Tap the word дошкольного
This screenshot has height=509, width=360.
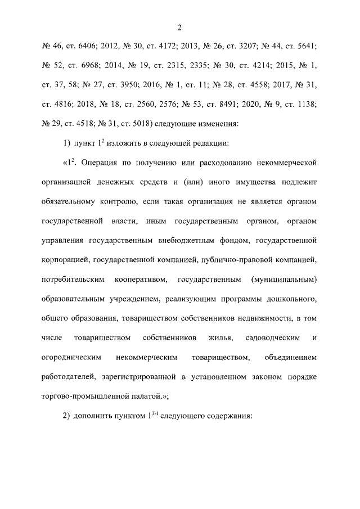[290, 299]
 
